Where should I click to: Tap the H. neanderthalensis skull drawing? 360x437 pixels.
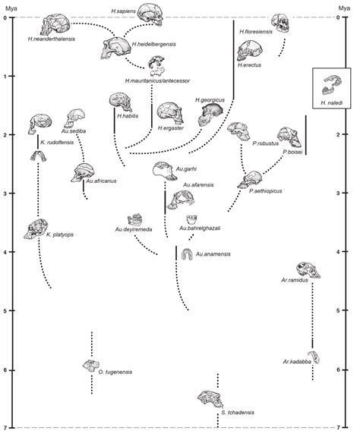coord(57,25)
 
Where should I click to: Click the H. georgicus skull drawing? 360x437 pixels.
coord(209,115)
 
